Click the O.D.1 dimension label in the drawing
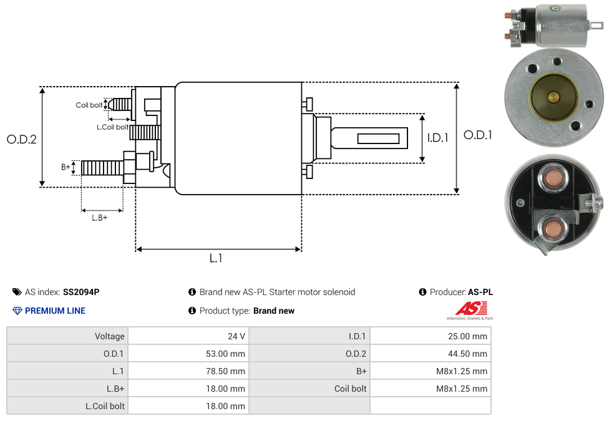[x=477, y=135]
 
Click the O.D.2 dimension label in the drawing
[x=22, y=139]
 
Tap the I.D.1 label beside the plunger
[x=437, y=138]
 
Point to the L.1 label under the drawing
[x=215, y=258]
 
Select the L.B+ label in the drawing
[x=100, y=218]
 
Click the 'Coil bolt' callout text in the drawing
[x=89, y=105]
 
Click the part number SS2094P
[x=81, y=292]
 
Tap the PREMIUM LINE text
[x=55, y=311]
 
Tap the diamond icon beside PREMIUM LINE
[x=17, y=311]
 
